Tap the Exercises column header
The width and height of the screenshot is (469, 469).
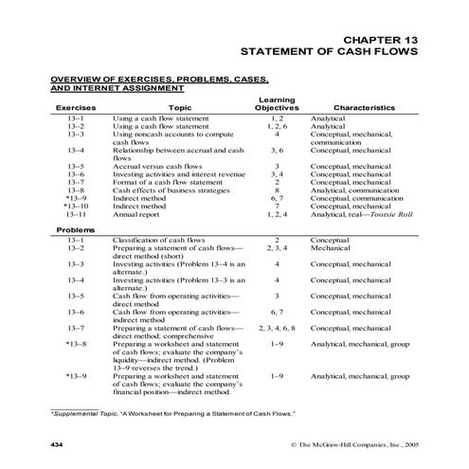click(x=76, y=108)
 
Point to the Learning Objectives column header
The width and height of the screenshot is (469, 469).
click(x=276, y=103)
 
